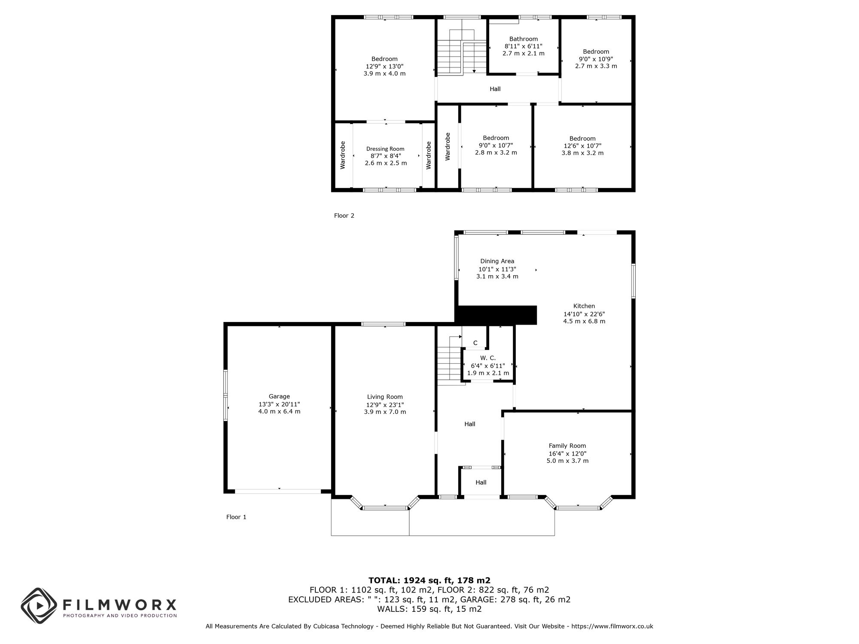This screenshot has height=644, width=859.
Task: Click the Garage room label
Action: coord(279,396)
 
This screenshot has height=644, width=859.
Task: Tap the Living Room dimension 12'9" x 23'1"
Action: coord(385,404)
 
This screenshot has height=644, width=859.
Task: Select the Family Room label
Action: coord(567,446)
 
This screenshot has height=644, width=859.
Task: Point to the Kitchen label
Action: coord(584,306)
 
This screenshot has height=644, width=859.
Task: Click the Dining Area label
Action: coord(497,261)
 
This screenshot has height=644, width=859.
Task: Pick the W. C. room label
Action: coord(487,358)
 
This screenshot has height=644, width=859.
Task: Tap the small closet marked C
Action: coord(475,343)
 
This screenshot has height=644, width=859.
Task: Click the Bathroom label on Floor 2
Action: coord(523,39)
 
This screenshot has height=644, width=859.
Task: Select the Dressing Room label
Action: coord(385,149)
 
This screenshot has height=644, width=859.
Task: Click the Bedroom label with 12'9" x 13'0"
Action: coord(384,59)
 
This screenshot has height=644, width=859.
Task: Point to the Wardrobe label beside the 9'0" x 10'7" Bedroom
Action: coord(448,146)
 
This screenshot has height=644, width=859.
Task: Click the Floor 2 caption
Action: coord(344,216)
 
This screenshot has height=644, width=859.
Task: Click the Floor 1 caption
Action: coord(236,517)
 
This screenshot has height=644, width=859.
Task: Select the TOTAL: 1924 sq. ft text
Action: coord(429,580)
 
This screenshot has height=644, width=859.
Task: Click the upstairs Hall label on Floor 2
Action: coord(495,89)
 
